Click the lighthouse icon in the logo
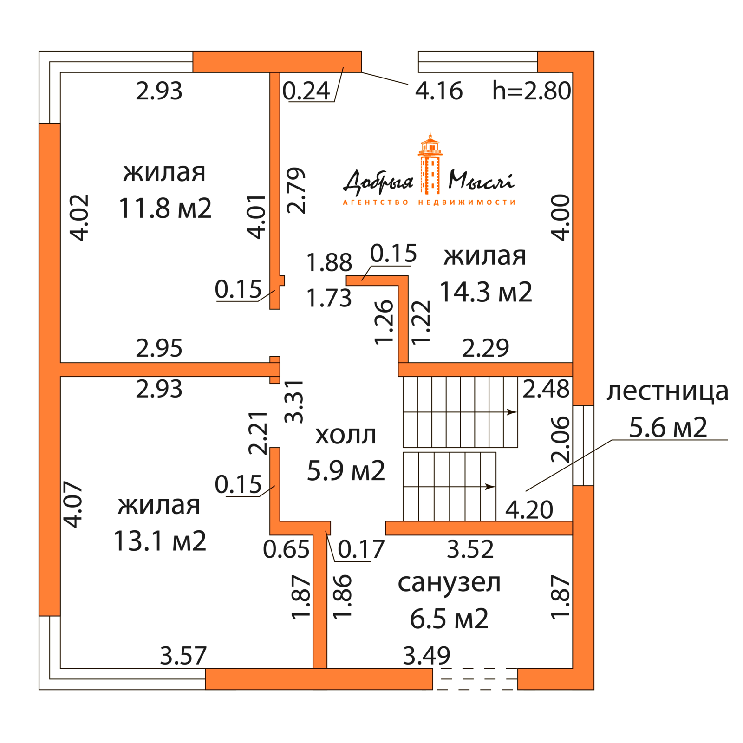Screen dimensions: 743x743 coord(430,165)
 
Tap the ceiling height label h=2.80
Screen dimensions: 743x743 coord(531,91)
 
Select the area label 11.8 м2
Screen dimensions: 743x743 coord(165,208)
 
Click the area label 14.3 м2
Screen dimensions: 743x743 coord(486,292)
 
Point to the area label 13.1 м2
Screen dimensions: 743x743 coord(160,541)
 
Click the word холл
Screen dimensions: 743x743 coord(345,436)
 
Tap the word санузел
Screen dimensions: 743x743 coord(449,583)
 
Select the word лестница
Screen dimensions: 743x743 coord(667,391)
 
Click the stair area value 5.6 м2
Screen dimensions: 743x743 coord(668,427)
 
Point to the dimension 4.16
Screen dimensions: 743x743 coord(439,91)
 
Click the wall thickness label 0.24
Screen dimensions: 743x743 coord(306,91)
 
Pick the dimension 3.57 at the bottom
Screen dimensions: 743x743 coord(183,656)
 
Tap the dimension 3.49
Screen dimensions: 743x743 coord(426,656)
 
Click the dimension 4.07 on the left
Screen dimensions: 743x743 coord(73,504)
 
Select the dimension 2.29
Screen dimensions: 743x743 coord(485,348)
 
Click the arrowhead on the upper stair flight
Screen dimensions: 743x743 coord(512,412)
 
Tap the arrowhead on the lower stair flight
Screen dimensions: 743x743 coord(490,487)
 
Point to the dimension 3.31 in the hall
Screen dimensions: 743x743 coord(294,401)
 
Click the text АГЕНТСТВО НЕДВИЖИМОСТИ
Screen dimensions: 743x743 coord(429,202)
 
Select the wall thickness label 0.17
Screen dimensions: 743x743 coord(361,549)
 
